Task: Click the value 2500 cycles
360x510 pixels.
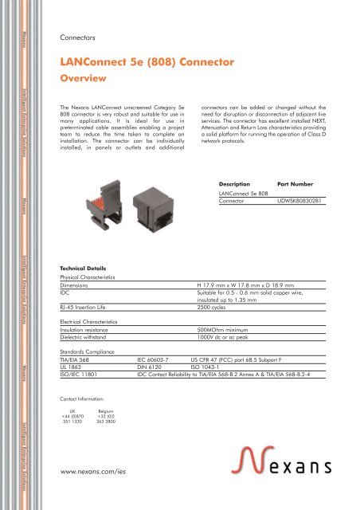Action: pyautogui.click(x=237, y=305)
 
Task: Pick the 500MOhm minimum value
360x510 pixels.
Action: pyautogui.click(x=248, y=328)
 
